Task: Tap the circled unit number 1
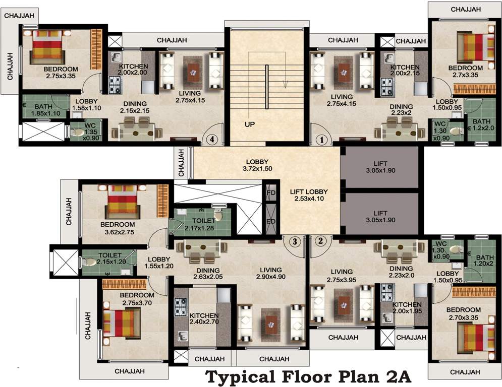322,140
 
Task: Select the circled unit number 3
295,241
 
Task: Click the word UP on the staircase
250,124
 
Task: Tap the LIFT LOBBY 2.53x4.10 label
309,195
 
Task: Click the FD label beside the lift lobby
271,193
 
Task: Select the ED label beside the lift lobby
271,222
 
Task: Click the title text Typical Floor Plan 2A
308,377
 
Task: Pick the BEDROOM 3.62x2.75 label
118,228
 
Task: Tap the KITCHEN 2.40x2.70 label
204,318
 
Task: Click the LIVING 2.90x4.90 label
271,274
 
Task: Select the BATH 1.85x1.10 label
45,110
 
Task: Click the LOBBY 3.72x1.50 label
257,165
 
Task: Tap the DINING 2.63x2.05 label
208,274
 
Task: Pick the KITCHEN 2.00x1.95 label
407,308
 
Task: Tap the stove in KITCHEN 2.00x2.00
115,85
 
